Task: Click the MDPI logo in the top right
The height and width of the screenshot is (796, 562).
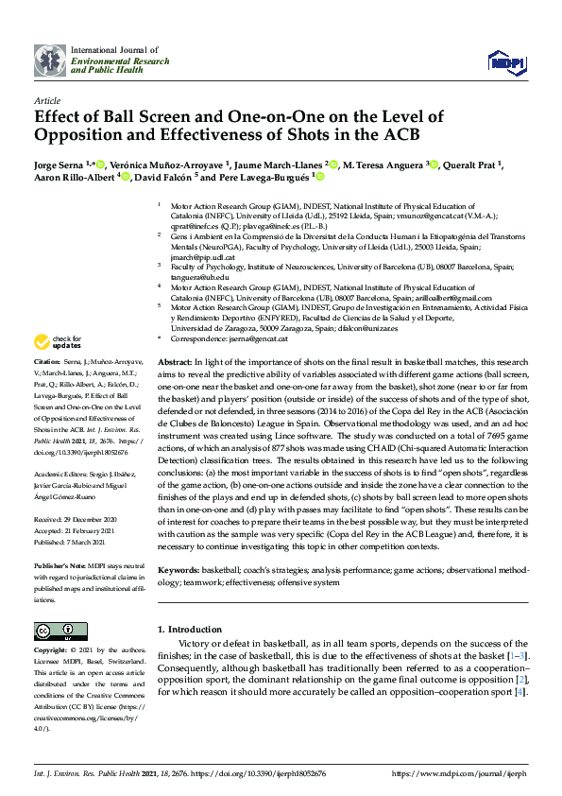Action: click(x=506, y=61)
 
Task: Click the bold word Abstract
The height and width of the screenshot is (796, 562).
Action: click(x=175, y=362)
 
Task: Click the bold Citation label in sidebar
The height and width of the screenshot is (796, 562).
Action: click(x=47, y=362)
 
